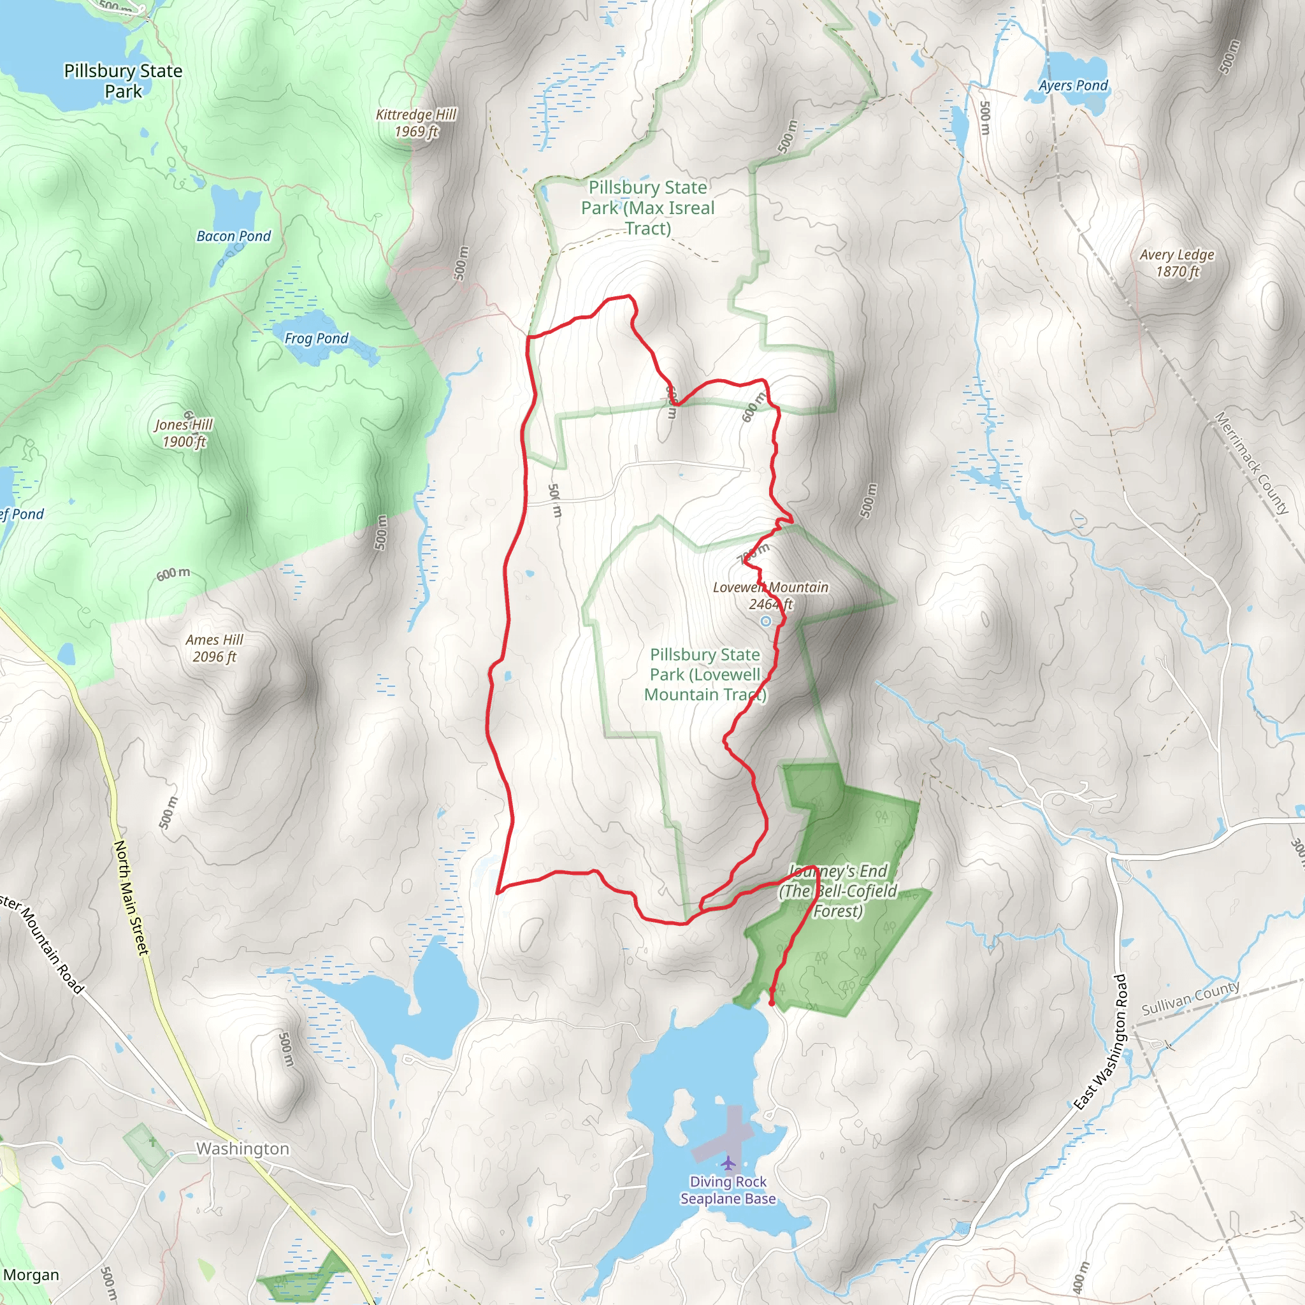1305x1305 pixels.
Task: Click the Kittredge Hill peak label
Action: tap(416, 123)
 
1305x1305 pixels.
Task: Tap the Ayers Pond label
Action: tap(1072, 86)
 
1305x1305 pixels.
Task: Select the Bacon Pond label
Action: tap(233, 236)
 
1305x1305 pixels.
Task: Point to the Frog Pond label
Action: tap(316, 338)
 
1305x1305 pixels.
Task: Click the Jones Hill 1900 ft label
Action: tap(184, 433)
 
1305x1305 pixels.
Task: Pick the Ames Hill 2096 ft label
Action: tap(214, 648)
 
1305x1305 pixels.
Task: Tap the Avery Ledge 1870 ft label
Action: tap(1177, 263)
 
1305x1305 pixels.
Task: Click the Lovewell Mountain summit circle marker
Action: tap(765, 621)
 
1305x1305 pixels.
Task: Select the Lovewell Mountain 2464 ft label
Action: tap(770, 595)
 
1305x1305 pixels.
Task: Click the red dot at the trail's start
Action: tap(772, 1004)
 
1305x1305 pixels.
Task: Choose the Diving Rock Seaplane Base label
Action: tap(728, 1190)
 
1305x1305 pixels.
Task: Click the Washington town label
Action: tap(243, 1148)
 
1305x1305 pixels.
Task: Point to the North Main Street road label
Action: tap(131, 898)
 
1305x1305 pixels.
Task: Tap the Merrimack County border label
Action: tap(1251, 463)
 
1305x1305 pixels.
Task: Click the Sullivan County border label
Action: tap(1190, 999)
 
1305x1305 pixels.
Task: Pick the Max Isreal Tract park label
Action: tap(647, 207)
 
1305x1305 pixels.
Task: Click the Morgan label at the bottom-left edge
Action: tap(31, 1274)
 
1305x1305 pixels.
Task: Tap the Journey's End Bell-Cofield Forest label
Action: tap(837, 891)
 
